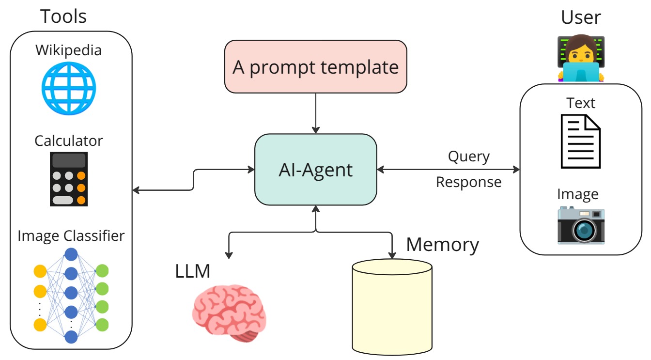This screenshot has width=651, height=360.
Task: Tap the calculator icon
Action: point(69,179)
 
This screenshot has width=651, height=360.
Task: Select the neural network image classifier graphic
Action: point(71,296)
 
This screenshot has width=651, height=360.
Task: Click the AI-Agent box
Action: point(315,170)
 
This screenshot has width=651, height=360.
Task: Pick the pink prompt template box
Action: point(315,66)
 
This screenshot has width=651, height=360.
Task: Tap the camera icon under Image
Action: point(580,224)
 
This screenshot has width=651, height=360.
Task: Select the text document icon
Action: point(580,141)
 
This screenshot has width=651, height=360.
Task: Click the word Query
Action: point(468,157)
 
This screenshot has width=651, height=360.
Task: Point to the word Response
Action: point(468,182)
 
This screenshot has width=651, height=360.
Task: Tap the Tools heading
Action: point(63,16)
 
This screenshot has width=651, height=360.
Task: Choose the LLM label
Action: point(193,271)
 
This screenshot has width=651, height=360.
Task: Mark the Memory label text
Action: point(442,245)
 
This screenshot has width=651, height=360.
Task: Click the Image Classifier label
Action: point(71,236)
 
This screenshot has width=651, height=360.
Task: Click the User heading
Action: point(581,17)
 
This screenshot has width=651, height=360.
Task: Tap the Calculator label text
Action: point(69,141)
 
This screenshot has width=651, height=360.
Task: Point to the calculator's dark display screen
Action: point(69,160)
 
